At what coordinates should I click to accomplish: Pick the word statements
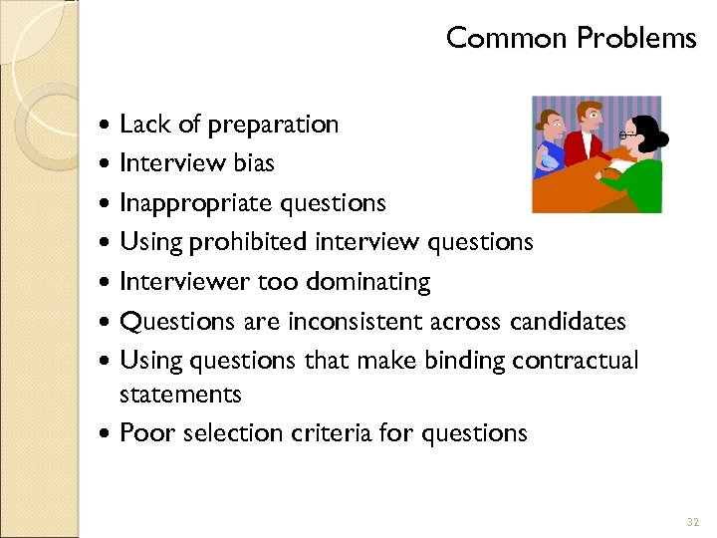pos(180,395)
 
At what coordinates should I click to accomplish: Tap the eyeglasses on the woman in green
pos(626,134)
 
